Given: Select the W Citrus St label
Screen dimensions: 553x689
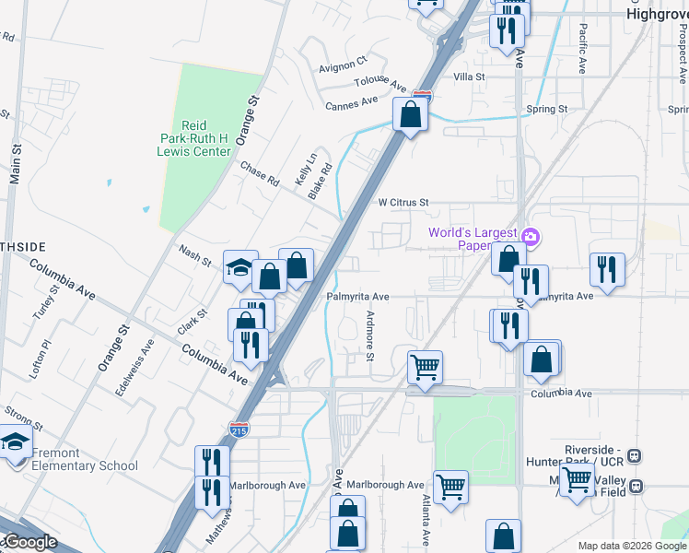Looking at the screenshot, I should click(403, 202).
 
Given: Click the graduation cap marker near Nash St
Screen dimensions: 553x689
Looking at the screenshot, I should click(239, 268).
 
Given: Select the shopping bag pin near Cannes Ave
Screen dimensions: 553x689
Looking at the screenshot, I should click(411, 115).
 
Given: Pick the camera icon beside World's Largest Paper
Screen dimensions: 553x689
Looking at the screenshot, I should click(530, 237).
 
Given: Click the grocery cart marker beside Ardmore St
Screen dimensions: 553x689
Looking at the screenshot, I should click(425, 368).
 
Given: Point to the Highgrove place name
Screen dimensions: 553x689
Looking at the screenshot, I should click(657, 15).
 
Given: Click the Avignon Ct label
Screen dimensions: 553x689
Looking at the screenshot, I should click(343, 68).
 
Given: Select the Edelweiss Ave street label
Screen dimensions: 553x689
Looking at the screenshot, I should click(148, 368).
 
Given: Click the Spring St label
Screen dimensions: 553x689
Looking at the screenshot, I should click(546, 109).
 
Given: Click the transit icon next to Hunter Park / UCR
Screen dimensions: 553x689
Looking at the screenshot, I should click(634, 456).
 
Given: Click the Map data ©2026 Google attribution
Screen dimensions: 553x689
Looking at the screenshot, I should click(632, 546).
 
